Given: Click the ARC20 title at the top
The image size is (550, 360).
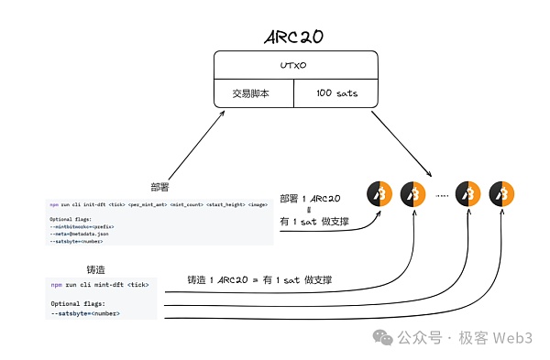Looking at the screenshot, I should [294, 38].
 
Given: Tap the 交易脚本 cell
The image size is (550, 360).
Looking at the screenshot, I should [253, 94].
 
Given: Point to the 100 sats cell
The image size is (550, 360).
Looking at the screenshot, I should [335, 94].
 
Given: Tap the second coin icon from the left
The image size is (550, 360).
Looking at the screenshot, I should [413, 194].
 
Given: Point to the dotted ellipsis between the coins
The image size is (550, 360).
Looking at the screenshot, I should [441, 195].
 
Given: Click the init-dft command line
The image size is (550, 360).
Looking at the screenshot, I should [159, 203].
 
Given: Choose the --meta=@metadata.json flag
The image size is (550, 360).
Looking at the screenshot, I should [79, 233].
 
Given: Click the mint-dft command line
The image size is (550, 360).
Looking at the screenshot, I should [100, 285].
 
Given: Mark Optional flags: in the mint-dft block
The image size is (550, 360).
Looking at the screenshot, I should [79, 303].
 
